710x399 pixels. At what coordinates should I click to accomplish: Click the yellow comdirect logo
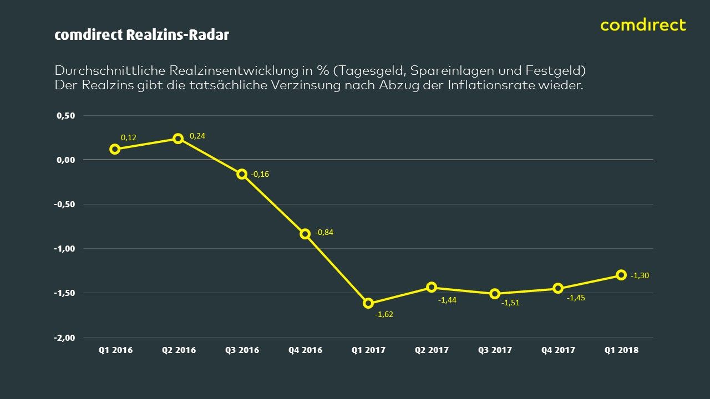pyautogui.click(x=643, y=25)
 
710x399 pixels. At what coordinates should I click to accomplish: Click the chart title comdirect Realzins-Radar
pyautogui.click(x=141, y=35)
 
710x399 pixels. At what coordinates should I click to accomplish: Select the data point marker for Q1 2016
pyautogui.click(x=115, y=149)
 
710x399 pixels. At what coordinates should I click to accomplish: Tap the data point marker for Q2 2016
pyautogui.click(x=178, y=139)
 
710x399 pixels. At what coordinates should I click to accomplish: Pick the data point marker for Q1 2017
pyautogui.click(x=368, y=303)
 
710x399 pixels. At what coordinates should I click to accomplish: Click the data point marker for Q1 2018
pyautogui.click(x=621, y=275)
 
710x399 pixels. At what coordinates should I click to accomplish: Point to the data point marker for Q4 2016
pyautogui.click(x=305, y=234)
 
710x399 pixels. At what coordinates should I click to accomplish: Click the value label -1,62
pyautogui.click(x=384, y=314)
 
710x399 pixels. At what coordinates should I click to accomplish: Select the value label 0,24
pyautogui.click(x=197, y=136)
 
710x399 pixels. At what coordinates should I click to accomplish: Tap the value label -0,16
pyautogui.click(x=260, y=174)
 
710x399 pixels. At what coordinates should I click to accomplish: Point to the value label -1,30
pyautogui.click(x=640, y=275)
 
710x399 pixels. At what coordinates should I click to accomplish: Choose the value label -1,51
pyautogui.click(x=510, y=303)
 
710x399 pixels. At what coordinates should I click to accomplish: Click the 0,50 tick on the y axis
pyautogui.click(x=66, y=116)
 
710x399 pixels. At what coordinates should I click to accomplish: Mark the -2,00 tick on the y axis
pyautogui.click(x=64, y=337)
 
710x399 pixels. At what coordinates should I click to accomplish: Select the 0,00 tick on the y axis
pyautogui.click(x=66, y=160)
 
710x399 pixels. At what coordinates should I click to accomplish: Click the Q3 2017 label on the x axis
pyautogui.click(x=495, y=350)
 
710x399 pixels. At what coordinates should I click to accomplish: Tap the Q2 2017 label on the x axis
pyautogui.click(x=432, y=350)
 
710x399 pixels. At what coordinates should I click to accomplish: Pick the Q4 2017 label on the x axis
pyautogui.click(x=558, y=350)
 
